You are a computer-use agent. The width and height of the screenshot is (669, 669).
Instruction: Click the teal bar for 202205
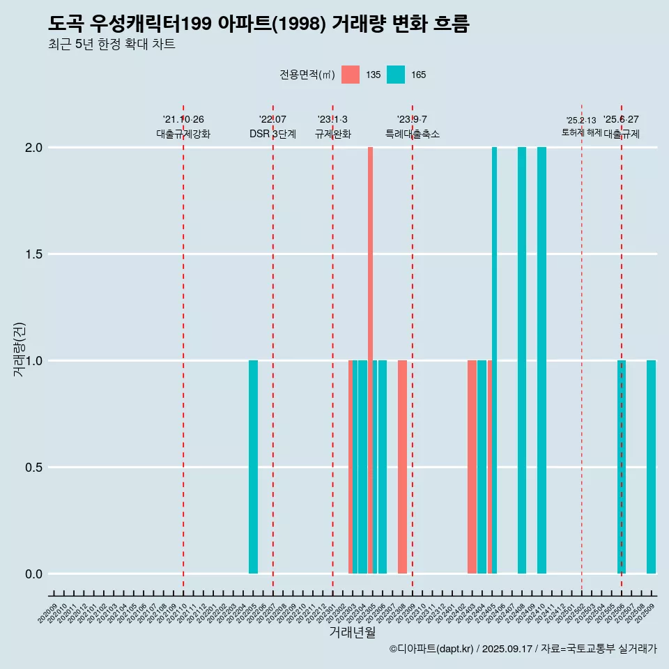253,467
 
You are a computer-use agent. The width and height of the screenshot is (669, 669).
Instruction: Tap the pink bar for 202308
402,467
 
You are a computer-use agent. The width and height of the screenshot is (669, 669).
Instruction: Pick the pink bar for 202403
472,467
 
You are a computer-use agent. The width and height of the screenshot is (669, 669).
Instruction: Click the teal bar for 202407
522,360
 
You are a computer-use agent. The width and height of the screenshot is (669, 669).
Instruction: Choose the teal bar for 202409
541,360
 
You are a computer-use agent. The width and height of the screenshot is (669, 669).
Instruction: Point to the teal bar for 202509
651,467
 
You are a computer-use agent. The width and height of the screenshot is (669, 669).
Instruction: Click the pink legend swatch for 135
351,75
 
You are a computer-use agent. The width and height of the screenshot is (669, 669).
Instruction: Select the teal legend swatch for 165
396,75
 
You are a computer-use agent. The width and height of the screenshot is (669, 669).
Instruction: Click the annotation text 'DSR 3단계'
272,134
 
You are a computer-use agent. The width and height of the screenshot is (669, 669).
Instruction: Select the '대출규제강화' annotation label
183,134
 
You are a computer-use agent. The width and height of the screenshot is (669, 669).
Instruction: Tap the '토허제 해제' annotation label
581,132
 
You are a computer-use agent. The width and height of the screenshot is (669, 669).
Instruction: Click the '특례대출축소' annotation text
413,134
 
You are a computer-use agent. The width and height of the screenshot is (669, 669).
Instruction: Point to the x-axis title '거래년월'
352,633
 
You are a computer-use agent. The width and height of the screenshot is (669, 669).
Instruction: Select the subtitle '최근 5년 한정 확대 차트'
111,45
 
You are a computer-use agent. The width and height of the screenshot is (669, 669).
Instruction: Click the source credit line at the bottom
523,649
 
